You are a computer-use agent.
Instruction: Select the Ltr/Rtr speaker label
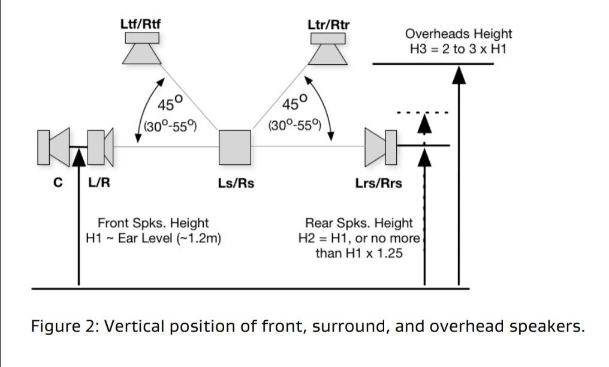tap(328, 25)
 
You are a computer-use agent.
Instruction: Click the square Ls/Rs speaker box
tap(234, 146)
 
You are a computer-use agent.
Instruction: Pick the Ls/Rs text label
tap(236, 183)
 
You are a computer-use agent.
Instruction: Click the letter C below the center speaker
tap(59, 183)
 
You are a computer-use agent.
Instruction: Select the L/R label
tap(98, 183)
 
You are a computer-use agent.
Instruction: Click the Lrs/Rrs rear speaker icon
tap(379, 146)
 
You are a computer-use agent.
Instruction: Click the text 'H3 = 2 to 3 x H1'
tap(459, 49)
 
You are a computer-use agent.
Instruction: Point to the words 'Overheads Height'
tap(459, 35)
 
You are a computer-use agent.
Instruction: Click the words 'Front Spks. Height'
tap(153, 223)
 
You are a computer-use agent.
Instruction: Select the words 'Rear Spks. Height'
tap(360, 223)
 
